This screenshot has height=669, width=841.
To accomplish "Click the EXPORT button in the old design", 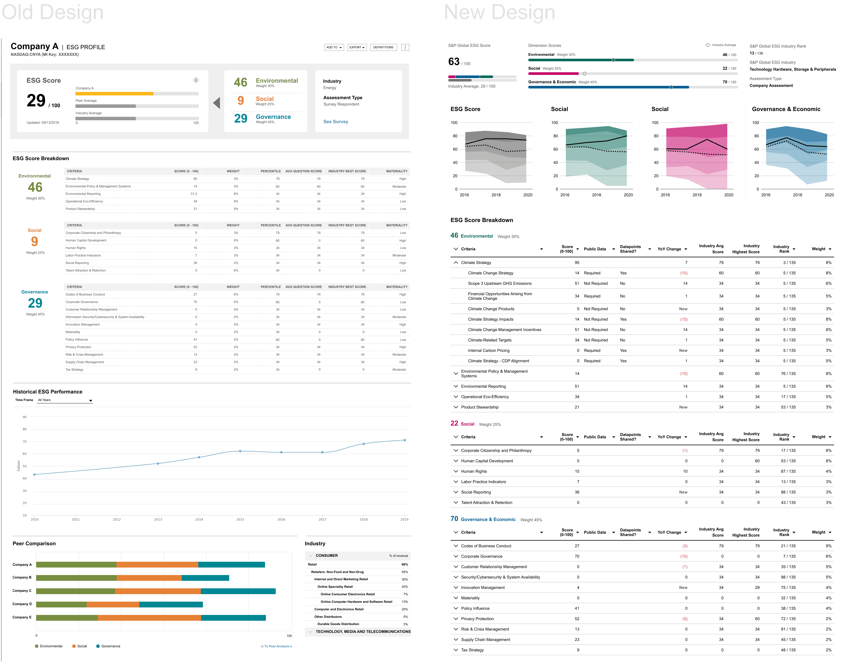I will click(357, 47).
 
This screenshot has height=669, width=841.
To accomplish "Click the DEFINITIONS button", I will click(383, 47).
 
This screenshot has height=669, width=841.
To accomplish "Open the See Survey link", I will click(336, 122).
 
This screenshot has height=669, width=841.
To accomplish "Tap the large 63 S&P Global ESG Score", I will click(454, 62).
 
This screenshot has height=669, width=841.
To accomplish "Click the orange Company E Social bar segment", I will click(149, 618).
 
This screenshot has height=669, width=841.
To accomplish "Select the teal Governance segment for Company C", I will click(238, 591).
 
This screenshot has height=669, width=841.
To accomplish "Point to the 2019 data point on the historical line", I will click(405, 440).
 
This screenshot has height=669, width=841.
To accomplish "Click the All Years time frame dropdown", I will click(65, 400).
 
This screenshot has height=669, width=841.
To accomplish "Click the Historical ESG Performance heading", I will click(48, 392).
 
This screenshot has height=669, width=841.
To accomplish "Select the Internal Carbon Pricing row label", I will click(489, 350).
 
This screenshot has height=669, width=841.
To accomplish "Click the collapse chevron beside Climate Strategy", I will click(455, 263).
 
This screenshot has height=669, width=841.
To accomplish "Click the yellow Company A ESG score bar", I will click(114, 94).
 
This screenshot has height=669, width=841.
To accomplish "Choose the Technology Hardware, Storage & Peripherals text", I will click(793, 69).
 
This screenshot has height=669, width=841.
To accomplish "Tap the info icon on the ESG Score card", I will click(196, 80).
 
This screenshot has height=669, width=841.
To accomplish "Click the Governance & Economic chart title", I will click(786, 109).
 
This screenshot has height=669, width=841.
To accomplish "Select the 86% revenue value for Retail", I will click(405, 564).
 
